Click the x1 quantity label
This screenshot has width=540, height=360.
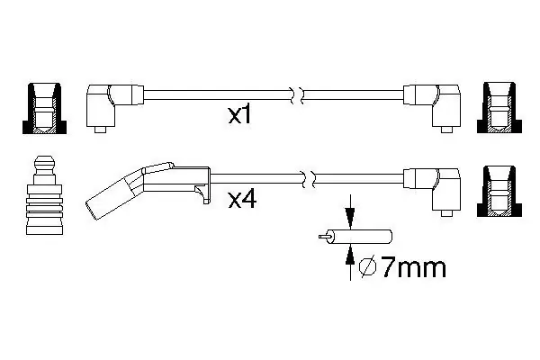tap(239, 114)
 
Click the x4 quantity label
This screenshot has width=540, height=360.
tap(242, 200)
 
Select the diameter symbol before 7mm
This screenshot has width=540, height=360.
tap(367, 267)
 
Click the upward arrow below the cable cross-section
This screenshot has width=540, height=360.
tap(350, 262)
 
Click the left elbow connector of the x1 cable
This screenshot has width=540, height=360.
tap(114, 105)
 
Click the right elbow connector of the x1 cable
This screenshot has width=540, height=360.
tap(432, 106)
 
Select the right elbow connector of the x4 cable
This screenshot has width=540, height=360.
tap(432, 190)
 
